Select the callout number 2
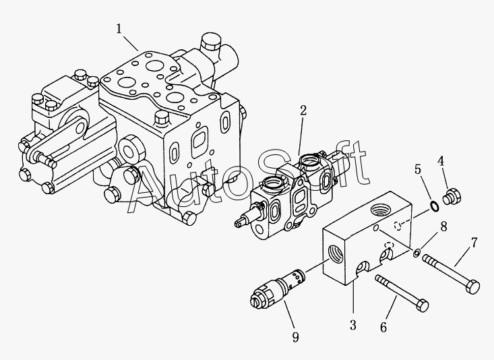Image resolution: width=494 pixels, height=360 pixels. pos(303,110)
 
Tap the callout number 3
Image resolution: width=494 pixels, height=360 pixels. pos(352,326)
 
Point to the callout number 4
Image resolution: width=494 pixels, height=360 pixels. pos(441,162)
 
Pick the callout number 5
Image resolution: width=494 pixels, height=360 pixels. pos(417,169)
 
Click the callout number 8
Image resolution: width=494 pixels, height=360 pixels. pos(442,227)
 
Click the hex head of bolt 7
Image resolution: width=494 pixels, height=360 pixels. pos(473,286)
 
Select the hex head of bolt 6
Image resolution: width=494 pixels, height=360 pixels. pos(422,306)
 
